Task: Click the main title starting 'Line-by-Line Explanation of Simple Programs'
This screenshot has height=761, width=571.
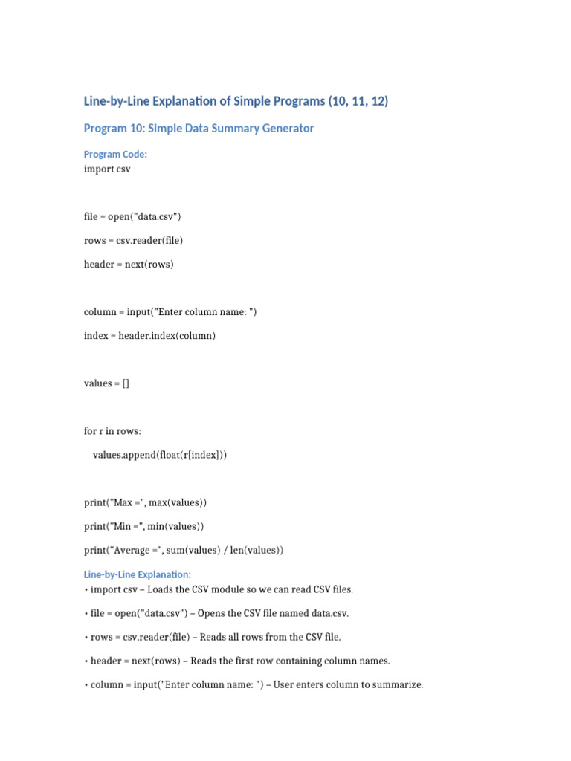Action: tap(236, 101)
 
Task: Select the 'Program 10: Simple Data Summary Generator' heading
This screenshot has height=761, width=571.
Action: tap(199, 129)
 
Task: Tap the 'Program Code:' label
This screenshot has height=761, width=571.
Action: tap(116, 155)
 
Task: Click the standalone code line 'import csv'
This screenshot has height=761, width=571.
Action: tap(107, 169)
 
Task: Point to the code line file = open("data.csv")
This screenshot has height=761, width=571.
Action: tap(132, 217)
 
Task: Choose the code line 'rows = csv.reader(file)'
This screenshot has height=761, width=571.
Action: tap(133, 241)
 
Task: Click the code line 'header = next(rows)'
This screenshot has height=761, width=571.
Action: tap(128, 265)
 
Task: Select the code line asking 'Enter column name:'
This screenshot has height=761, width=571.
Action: tap(170, 312)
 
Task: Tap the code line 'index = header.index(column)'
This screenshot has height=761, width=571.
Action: tap(149, 336)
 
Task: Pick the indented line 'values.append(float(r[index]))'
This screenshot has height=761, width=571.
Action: tap(159, 455)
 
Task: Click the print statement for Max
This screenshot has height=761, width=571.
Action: tap(145, 502)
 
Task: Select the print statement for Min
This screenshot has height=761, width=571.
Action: tap(143, 526)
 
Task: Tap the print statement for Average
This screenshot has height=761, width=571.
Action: tap(184, 550)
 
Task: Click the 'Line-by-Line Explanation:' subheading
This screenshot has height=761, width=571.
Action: tap(138, 574)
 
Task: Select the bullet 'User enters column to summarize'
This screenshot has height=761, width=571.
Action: tap(253, 684)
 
